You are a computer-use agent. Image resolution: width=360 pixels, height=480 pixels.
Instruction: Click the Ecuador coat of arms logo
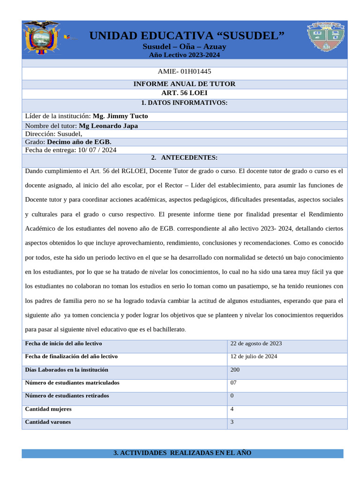point(41,38)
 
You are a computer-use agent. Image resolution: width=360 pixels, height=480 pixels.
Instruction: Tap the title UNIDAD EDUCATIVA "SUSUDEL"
point(187,36)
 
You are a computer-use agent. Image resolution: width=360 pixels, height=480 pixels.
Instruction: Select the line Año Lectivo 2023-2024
point(184,55)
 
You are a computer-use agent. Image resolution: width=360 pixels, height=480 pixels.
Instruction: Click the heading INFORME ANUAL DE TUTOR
point(184,84)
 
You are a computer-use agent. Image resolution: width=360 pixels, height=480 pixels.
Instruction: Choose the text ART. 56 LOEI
point(184,93)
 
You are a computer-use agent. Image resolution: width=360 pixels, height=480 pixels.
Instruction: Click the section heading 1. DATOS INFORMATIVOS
point(184,103)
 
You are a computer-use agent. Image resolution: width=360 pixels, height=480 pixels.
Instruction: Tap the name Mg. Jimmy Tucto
point(120,116)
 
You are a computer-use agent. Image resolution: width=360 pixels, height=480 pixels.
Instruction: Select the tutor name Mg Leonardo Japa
point(108,126)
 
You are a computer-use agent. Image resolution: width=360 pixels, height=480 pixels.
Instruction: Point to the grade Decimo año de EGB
point(79,142)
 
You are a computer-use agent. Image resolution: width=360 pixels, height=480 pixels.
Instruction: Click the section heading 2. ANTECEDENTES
point(184,157)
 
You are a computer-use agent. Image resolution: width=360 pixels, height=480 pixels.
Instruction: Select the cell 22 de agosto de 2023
point(256,344)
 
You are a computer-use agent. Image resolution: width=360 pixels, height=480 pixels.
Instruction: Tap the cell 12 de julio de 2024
point(254,356)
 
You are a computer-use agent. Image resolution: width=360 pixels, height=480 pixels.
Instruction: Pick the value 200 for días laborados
point(235,369)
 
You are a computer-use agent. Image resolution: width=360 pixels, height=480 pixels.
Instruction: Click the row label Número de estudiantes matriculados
point(72,382)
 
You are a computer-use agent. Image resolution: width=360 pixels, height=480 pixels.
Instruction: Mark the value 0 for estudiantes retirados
point(232,396)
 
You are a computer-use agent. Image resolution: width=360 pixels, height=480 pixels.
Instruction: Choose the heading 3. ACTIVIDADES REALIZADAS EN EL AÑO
point(182,453)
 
